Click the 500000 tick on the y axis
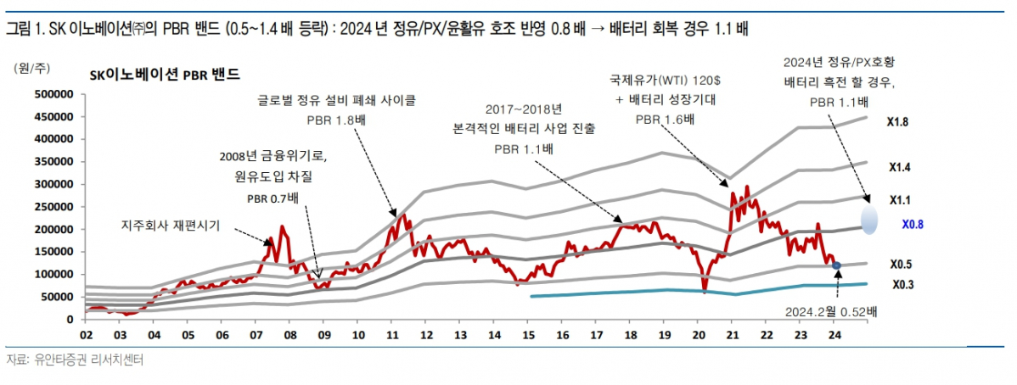[x=58, y=94]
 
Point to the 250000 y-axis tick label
[x=58, y=207]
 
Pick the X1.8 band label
[x=897, y=123]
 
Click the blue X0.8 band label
[x=912, y=226]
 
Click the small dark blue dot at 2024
[x=837, y=265]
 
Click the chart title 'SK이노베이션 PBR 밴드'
[x=165, y=75]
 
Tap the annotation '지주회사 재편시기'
[x=171, y=226]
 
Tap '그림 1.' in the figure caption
[x=25, y=30]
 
